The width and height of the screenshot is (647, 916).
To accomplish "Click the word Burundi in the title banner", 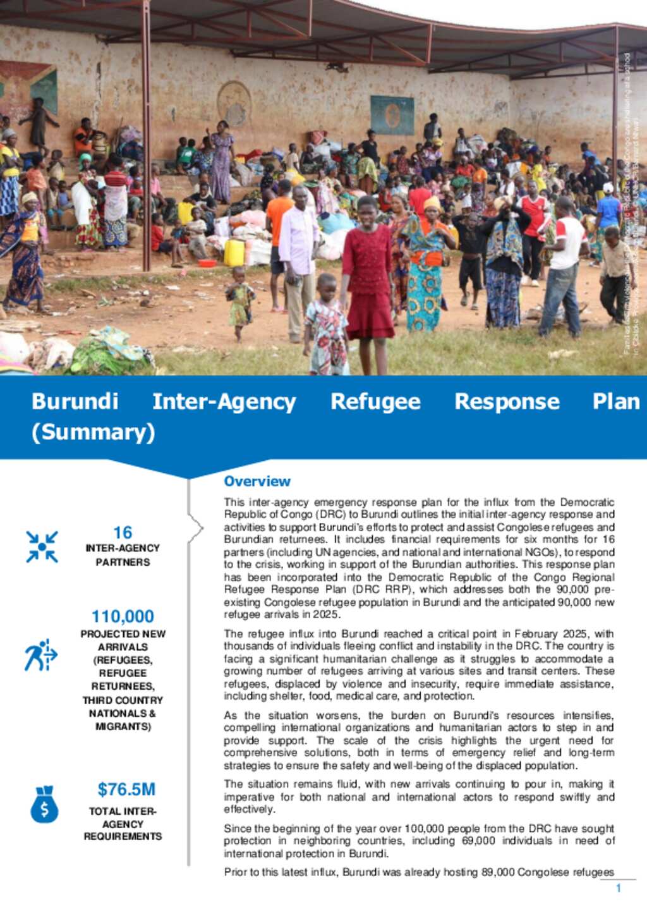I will pyautogui.click(x=75, y=401).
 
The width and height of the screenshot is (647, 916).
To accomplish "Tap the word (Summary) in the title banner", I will pyautogui.click(x=93, y=432).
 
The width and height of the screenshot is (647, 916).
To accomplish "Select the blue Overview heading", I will pyautogui.click(x=257, y=481).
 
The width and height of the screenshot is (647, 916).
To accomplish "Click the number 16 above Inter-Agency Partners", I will pyautogui.click(x=123, y=533).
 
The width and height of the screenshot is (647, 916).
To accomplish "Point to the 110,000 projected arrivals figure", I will pyautogui.click(x=123, y=616).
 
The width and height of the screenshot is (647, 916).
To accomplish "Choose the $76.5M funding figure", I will pyautogui.click(x=126, y=789).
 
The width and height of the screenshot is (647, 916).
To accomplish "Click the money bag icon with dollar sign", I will pyautogui.click(x=44, y=804).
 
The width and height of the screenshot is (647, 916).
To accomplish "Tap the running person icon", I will pyautogui.click(x=40, y=655).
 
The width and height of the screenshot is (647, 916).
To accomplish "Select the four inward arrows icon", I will pyautogui.click(x=42, y=546).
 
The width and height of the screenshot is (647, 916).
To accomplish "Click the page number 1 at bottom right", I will pyautogui.click(x=618, y=888).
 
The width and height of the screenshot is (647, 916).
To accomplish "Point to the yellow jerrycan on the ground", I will pyautogui.click(x=234, y=253).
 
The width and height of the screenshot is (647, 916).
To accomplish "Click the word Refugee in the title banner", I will pyautogui.click(x=375, y=401).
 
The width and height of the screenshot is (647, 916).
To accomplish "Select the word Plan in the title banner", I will pyautogui.click(x=615, y=401).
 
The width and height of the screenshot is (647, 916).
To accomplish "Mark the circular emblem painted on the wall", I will pyautogui.click(x=234, y=103).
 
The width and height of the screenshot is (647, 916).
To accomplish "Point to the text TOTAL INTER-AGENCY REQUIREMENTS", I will pyautogui.click(x=123, y=824).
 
